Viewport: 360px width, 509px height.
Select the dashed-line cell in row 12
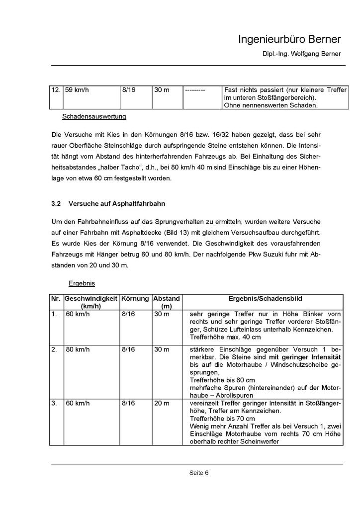pyautogui.click(x=195, y=90)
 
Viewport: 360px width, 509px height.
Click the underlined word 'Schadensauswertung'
pyautogui.click(x=94, y=117)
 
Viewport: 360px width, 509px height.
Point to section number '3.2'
pyautogui.click(x=56, y=204)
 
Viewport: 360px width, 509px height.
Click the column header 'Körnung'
pyautogui.click(x=135, y=298)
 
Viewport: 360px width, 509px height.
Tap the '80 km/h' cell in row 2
pyautogui.click(x=76, y=350)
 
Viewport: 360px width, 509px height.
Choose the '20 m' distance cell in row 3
pyautogui.click(x=162, y=403)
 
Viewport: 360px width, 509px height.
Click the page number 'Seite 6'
pyautogui.click(x=198, y=473)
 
